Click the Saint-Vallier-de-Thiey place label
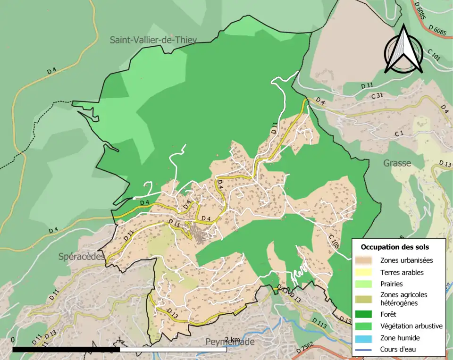pos(153,40)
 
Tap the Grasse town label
pos(397,163)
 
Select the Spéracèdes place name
pos(81,257)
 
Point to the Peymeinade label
pos(230,342)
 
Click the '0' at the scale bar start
pos(13,340)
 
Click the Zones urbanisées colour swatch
pos(365,260)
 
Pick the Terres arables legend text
pos(402,272)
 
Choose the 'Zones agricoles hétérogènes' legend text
pos(403,299)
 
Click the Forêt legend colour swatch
pos(365,314)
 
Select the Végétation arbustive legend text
pos(411,326)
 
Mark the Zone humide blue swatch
pos(365,338)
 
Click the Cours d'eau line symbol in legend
pos(365,350)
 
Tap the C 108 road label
pos(334,241)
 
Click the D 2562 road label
pos(305,348)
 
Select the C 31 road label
pos(377,96)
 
